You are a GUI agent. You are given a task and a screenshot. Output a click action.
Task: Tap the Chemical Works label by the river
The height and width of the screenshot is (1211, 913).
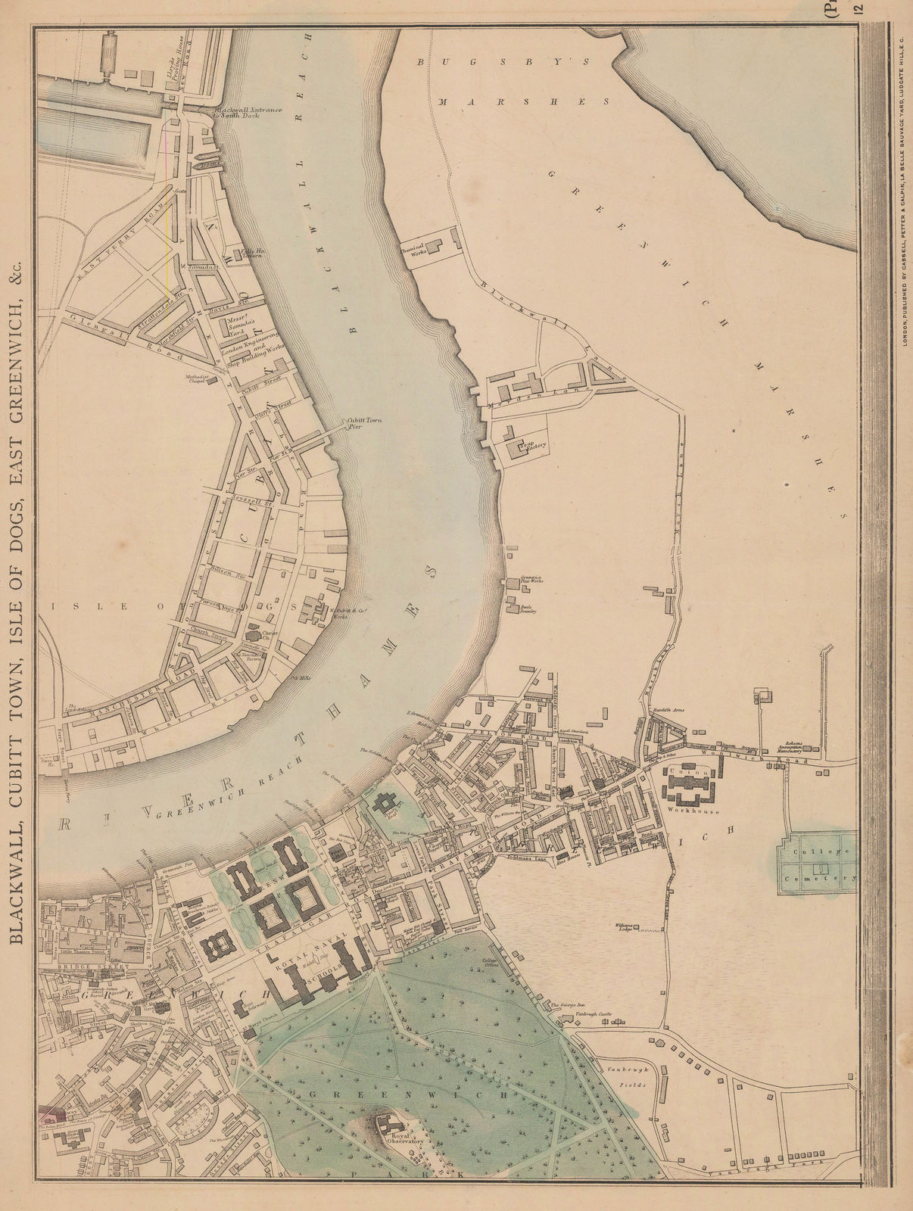coord(415,248)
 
